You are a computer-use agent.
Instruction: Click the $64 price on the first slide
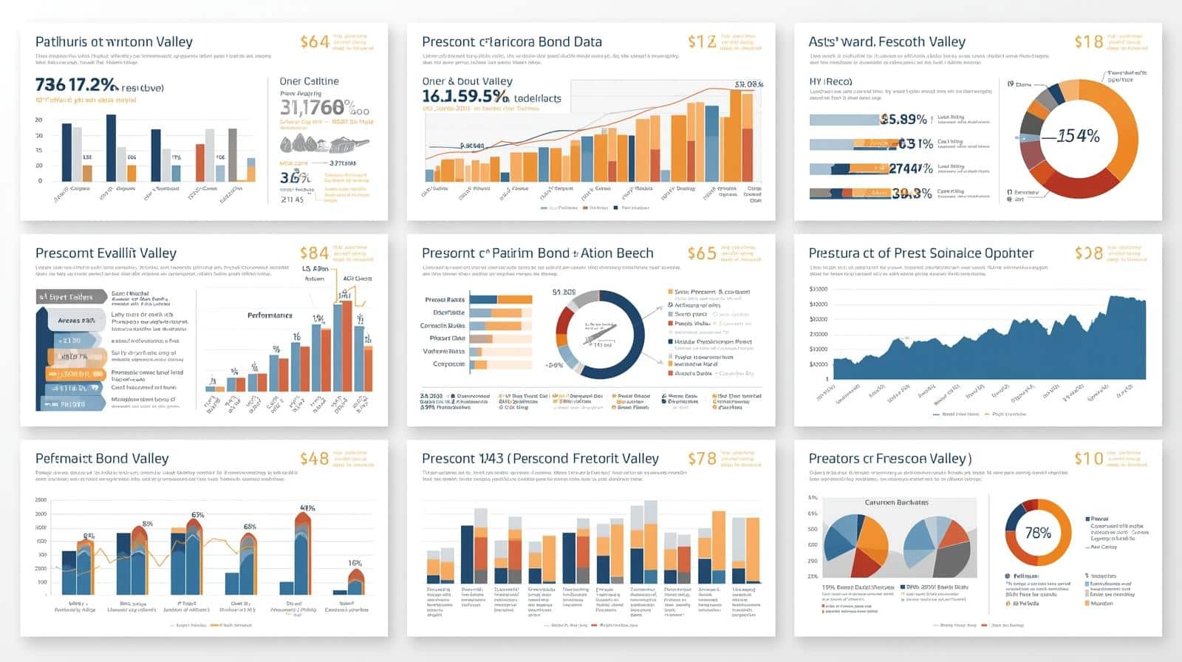314,42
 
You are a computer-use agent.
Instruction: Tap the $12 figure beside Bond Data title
701,42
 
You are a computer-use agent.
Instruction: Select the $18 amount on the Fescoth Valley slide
1088,42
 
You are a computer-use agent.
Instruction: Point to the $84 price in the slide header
314,253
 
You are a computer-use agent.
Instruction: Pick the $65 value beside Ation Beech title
701,253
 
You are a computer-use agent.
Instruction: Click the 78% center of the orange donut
1037,533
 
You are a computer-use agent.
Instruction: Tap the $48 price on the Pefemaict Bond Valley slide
314,459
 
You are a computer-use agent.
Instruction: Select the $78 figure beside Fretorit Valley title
701,459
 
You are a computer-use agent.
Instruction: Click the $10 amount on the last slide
1088,459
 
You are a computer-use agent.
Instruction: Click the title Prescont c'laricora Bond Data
511,42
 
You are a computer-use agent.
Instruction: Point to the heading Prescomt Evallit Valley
106,253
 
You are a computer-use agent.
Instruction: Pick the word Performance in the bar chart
270,315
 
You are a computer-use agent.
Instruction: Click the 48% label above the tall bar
307,508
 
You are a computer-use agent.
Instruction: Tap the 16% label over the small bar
355,563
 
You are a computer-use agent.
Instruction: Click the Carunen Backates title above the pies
896,502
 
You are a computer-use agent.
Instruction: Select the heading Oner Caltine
309,81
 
